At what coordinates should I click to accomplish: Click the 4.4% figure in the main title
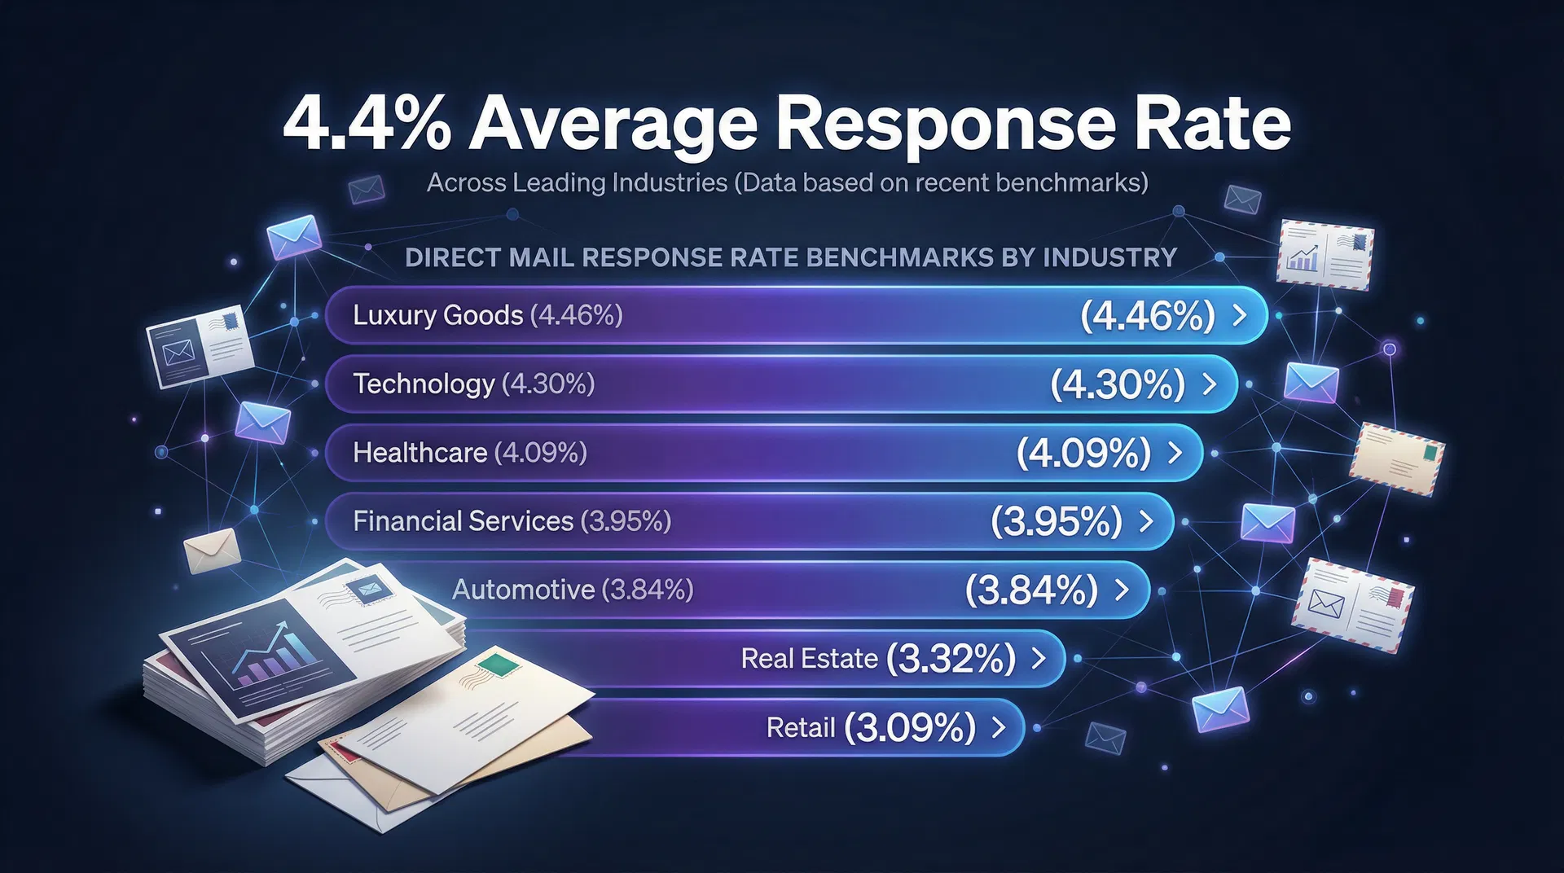366,125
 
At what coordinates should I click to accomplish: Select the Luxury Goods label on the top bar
437,315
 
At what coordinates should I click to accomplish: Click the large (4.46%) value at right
1147,315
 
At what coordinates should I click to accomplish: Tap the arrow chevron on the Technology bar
1210,384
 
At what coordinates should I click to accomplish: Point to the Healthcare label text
420,452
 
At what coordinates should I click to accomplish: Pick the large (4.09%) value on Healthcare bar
1083,453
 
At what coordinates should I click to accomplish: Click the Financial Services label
463,521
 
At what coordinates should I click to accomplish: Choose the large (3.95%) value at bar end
1057,521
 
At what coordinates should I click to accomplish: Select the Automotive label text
523,590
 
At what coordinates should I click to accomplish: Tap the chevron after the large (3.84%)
1122,590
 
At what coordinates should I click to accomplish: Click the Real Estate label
809,658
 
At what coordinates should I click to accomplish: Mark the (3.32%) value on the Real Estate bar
951,658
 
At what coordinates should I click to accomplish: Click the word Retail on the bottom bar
800,727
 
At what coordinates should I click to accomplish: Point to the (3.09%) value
910,727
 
